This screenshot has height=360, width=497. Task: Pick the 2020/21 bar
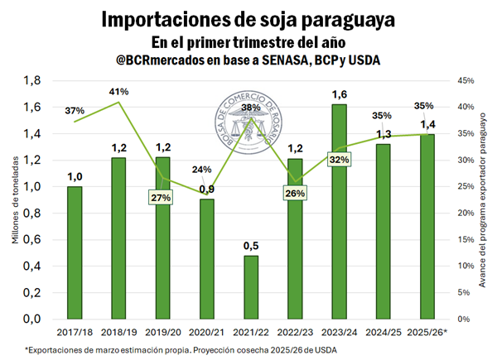(205, 258)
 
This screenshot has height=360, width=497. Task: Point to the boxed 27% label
(161, 198)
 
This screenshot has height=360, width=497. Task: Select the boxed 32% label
(340, 160)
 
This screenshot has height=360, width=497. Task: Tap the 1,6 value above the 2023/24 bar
(339, 94)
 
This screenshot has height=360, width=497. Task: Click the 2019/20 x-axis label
(162, 333)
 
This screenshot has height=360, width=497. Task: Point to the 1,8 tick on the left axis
(31, 80)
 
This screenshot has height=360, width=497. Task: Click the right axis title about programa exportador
(483, 199)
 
